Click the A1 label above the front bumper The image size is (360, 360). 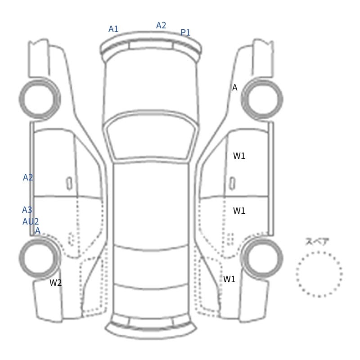(113, 29)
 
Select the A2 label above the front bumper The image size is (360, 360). (161, 25)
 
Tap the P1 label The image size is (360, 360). (185, 32)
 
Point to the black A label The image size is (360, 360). (234, 87)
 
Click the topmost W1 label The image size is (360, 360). (239, 156)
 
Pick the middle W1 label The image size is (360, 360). (239, 211)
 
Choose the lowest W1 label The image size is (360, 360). (229, 279)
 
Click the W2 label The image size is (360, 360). (55, 283)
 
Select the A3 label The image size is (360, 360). (27, 210)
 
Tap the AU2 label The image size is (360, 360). (31, 221)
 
